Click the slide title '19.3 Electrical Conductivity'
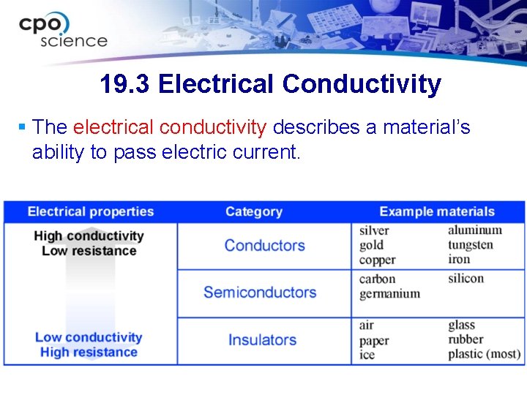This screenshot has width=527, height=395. click(x=270, y=84)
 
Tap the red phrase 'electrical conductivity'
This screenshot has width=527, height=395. click(x=170, y=127)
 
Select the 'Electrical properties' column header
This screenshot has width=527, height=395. click(x=91, y=212)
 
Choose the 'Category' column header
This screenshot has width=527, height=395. click(x=253, y=212)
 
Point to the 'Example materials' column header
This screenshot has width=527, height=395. click(x=437, y=212)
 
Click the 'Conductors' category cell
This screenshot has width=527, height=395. click(x=264, y=246)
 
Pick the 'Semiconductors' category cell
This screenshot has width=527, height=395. click(x=260, y=293)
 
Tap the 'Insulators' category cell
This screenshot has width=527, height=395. click(x=262, y=340)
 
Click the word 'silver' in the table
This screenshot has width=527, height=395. click(x=374, y=230)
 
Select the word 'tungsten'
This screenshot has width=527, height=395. click(x=471, y=245)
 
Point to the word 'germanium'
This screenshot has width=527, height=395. click(x=389, y=294)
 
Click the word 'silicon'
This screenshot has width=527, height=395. click(x=466, y=279)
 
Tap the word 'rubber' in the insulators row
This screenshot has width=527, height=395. click(x=466, y=339)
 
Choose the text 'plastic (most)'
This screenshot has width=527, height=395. click(x=484, y=355)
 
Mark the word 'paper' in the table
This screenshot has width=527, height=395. click(x=374, y=340)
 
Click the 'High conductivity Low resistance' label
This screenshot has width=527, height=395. click(x=89, y=243)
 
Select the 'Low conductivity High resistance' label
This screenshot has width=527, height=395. click(x=89, y=345)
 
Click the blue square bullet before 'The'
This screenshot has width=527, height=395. click(x=22, y=128)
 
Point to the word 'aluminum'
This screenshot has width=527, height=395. click(x=475, y=230)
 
